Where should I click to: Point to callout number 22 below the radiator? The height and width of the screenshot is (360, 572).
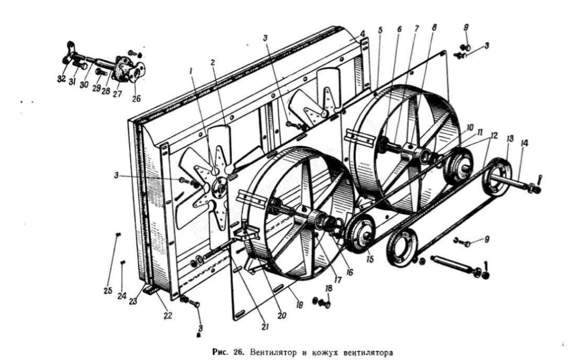tap(168, 316)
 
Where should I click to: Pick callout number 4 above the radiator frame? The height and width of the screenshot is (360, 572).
tap(363, 33)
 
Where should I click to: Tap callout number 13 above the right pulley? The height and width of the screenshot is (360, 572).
tap(509, 138)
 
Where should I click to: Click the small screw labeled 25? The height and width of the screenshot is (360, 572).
tap(118, 237)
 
